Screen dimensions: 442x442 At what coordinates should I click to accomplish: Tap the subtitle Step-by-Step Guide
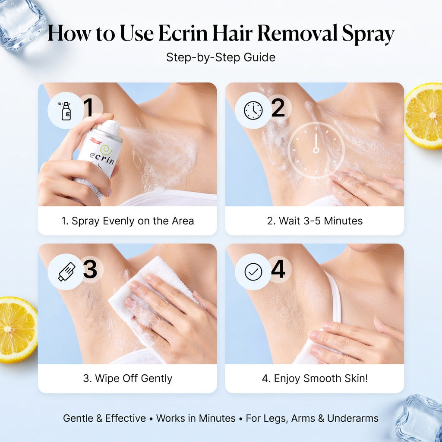point(221,57)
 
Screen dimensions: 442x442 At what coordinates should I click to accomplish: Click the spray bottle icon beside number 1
point(66,111)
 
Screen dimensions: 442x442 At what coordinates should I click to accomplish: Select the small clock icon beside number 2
point(253,110)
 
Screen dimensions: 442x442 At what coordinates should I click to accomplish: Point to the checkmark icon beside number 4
point(253,272)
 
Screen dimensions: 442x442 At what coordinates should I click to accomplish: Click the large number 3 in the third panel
point(90,269)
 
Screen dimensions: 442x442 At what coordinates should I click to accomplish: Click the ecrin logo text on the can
point(102,158)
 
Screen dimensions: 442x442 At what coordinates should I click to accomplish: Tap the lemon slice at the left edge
point(17,329)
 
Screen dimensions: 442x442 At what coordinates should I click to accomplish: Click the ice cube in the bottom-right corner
point(419,419)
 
